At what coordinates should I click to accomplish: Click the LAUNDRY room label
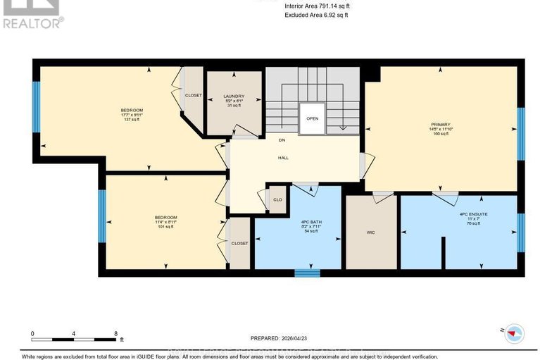[x=233, y=97]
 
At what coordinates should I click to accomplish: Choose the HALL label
[x=284, y=157]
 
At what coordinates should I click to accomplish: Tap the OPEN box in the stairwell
[x=312, y=118]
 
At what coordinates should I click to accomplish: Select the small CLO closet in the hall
[x=277, y=199]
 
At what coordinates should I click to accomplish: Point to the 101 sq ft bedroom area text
[x=166, y=227]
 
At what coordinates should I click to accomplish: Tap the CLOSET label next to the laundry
[x=193, y=95]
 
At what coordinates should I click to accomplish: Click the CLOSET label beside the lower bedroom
[x=240, y=243]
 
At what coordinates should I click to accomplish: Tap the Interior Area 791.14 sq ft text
[x=316, y=6]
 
